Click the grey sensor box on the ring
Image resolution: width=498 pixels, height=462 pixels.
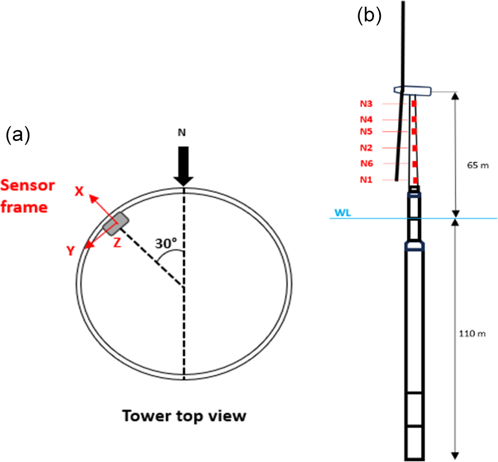116,223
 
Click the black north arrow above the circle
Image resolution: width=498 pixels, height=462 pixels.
184,165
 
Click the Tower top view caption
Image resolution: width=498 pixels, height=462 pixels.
185,416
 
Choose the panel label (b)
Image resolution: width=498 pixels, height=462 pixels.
370,16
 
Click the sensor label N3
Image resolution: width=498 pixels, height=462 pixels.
366,104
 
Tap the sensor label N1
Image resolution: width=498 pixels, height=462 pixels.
366,180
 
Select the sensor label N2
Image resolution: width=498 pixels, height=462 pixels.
366,148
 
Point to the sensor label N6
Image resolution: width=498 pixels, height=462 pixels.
366,164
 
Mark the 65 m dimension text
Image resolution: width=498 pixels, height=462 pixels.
475,167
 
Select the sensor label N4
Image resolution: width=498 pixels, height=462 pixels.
366,119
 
